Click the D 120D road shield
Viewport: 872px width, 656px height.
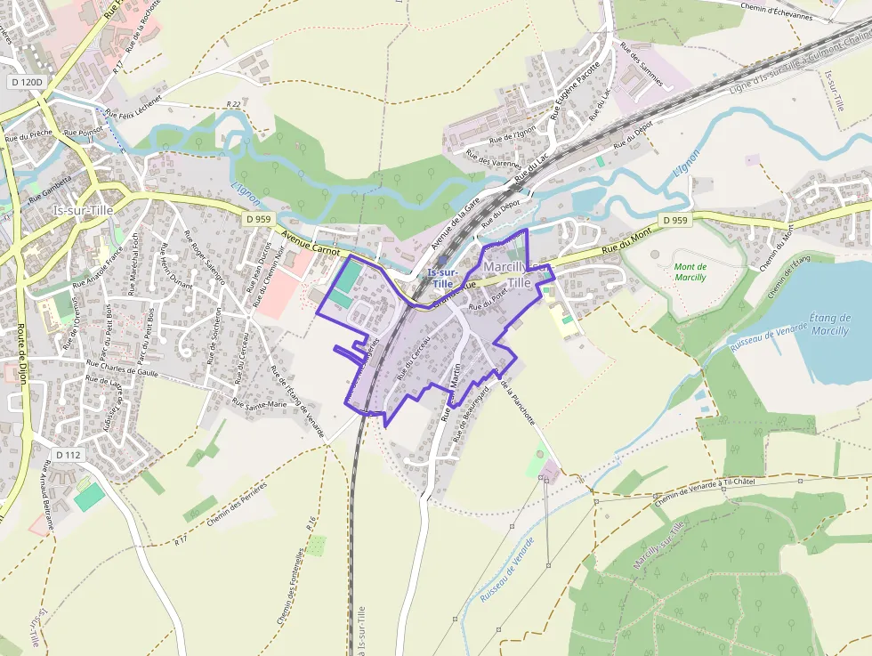pyautogui.click(x=25, y=81)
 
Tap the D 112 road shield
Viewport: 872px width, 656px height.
pyautogui.click(x=68, y=455)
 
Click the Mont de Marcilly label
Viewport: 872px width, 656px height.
pyautogui.click(x=690, y=271)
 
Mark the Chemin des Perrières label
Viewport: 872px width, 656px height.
pyautogui.click(x=237, y=504)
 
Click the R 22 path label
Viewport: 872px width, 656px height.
pyautogui.click(x=233, y=104)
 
